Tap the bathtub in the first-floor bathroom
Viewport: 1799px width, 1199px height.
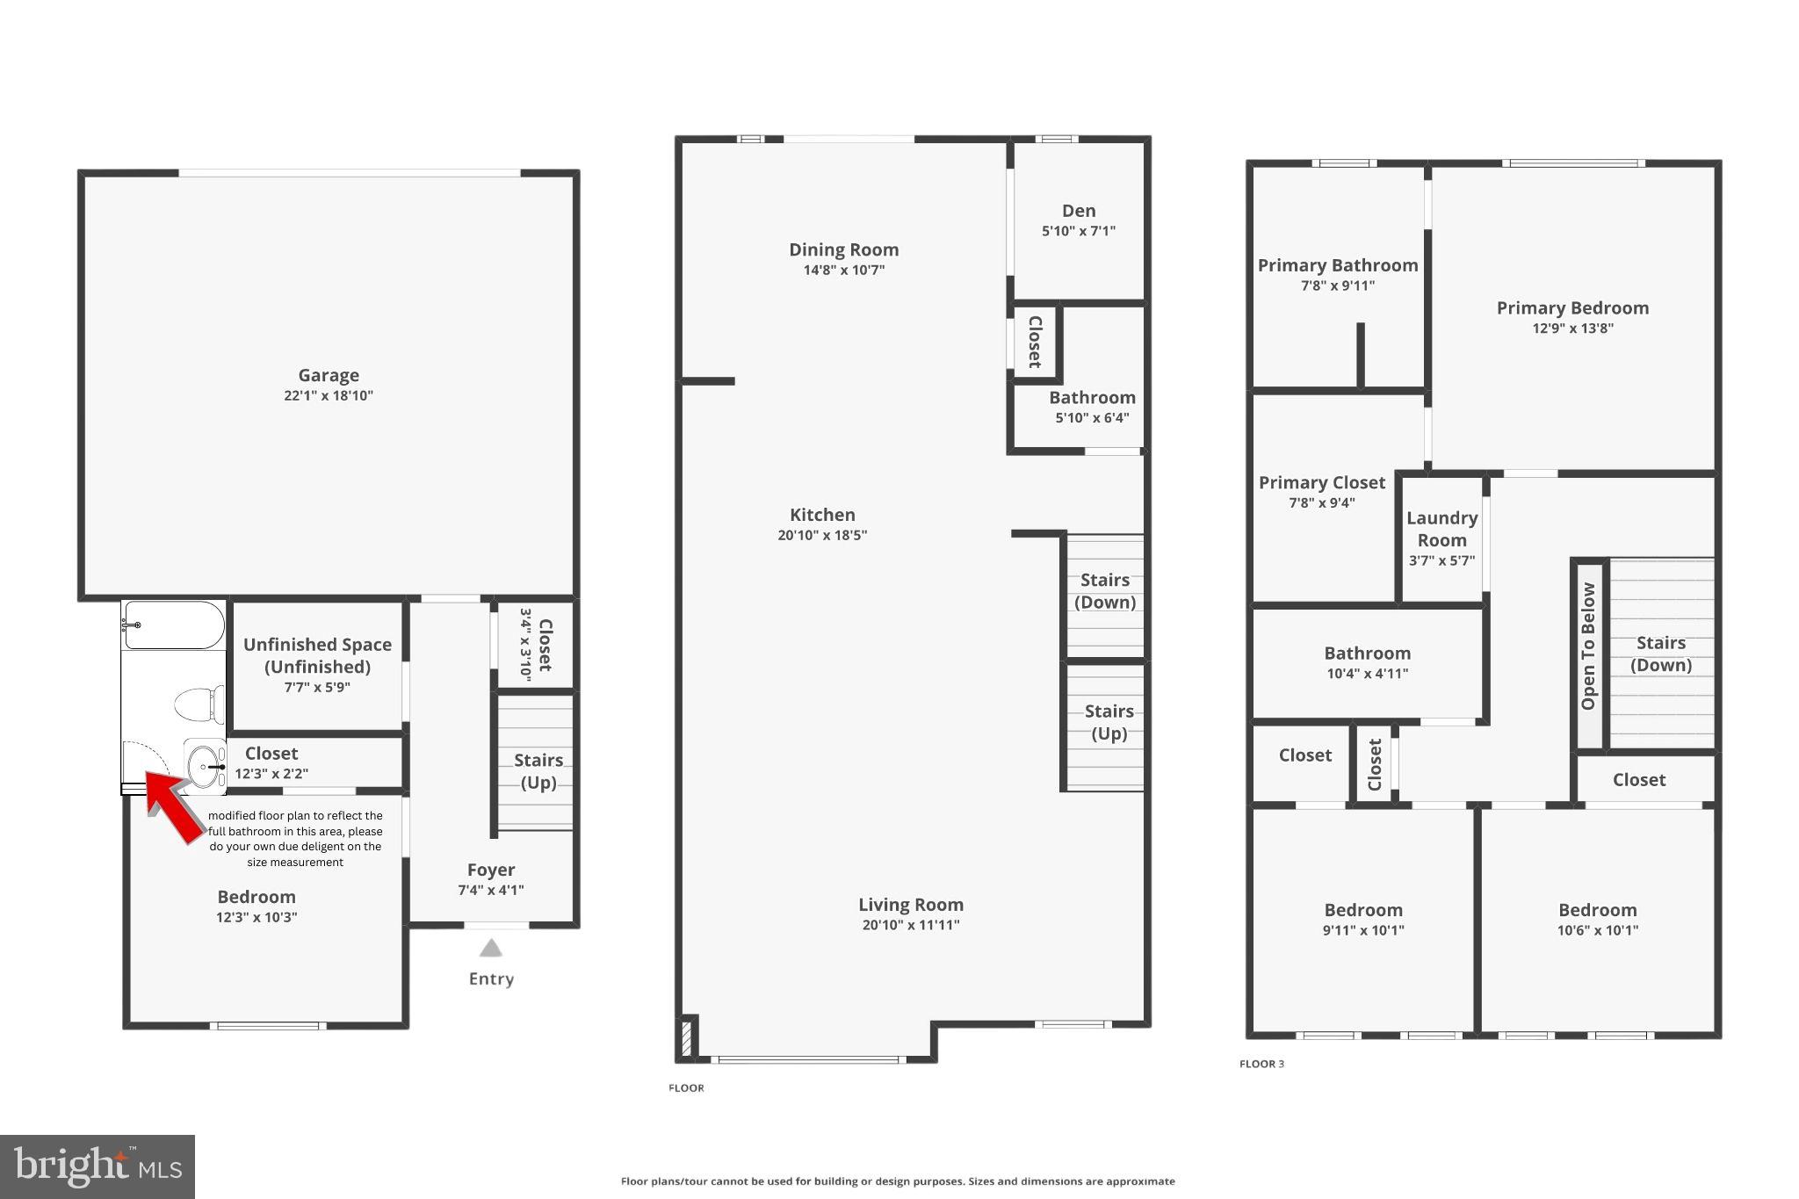click(x=174, y=625)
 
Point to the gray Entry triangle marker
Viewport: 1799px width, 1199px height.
click(x=491, y=948)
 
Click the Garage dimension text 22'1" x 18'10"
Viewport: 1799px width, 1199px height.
click(x=329, y=396)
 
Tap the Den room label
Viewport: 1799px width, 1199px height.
click(x=1079, y=211)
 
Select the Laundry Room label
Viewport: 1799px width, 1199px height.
click(x=1441, y=529)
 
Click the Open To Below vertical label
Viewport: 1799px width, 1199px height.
click(x=1588, y=646)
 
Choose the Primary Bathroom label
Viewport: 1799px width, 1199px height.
click(x=1337, y=265)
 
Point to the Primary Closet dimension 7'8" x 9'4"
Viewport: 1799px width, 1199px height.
click(x=1322, y=503)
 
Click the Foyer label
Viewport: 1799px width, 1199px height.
click(x=491, y=870)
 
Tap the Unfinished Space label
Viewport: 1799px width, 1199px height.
click(x=317, y=655)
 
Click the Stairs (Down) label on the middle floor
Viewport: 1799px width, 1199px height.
click(x=1105, y=590)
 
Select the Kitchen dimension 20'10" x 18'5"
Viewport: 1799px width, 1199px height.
click(x=822, y=535)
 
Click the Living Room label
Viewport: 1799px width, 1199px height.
click(x=911, y=905)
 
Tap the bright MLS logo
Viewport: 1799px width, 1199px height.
click(x=98, y=1166)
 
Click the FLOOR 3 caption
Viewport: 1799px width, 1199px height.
click(x=1261, y=1064)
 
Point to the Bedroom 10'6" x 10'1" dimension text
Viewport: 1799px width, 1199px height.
click(x=1597, y=931)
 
